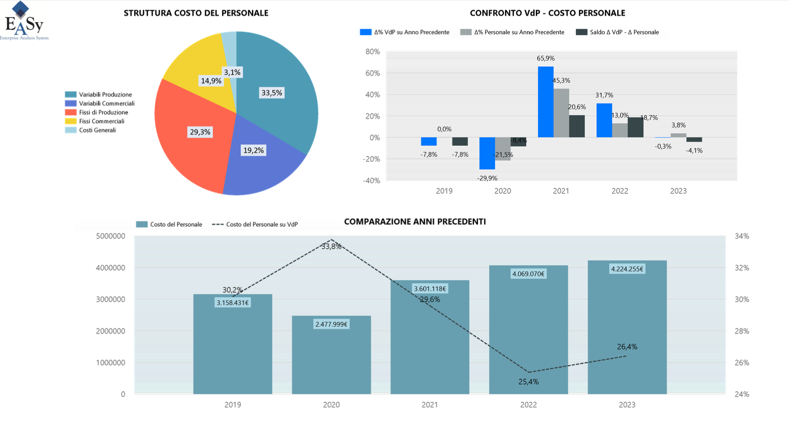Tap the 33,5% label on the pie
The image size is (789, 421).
pyautogui.click(x=272, y=93)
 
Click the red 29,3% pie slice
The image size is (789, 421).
pyautogui.click(x=192, y=147)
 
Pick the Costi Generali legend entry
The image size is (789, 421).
pyautogui.click(x=97, y=130)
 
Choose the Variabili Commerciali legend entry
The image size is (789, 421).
pyautogui.click(x=106, y=104)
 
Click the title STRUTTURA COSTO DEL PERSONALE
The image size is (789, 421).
pyautogui.click(x=196, y=13)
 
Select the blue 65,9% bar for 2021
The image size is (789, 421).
pyautogui.click(x=545, y=102)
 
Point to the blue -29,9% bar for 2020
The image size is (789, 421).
pyautogui.click(x=487, y=153)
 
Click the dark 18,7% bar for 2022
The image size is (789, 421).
pyautogui.click(x=635, y=127)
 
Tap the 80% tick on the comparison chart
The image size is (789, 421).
pyautogui.click(x=373, y=52)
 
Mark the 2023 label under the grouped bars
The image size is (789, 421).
pyautogui.click(x=678, y=191)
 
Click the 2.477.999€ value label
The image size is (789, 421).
pyautogui.click(x=331, y=324)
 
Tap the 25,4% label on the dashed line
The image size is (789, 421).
pyautogui.click(x=528, y=382)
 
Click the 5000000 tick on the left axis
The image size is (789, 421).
pyautogui.click(x=110, y=236)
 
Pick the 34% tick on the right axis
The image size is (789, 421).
pyautogui.click(x=742, y=236)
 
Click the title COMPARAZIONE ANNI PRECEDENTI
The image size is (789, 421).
pyautogui.click(x=415, y=222)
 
